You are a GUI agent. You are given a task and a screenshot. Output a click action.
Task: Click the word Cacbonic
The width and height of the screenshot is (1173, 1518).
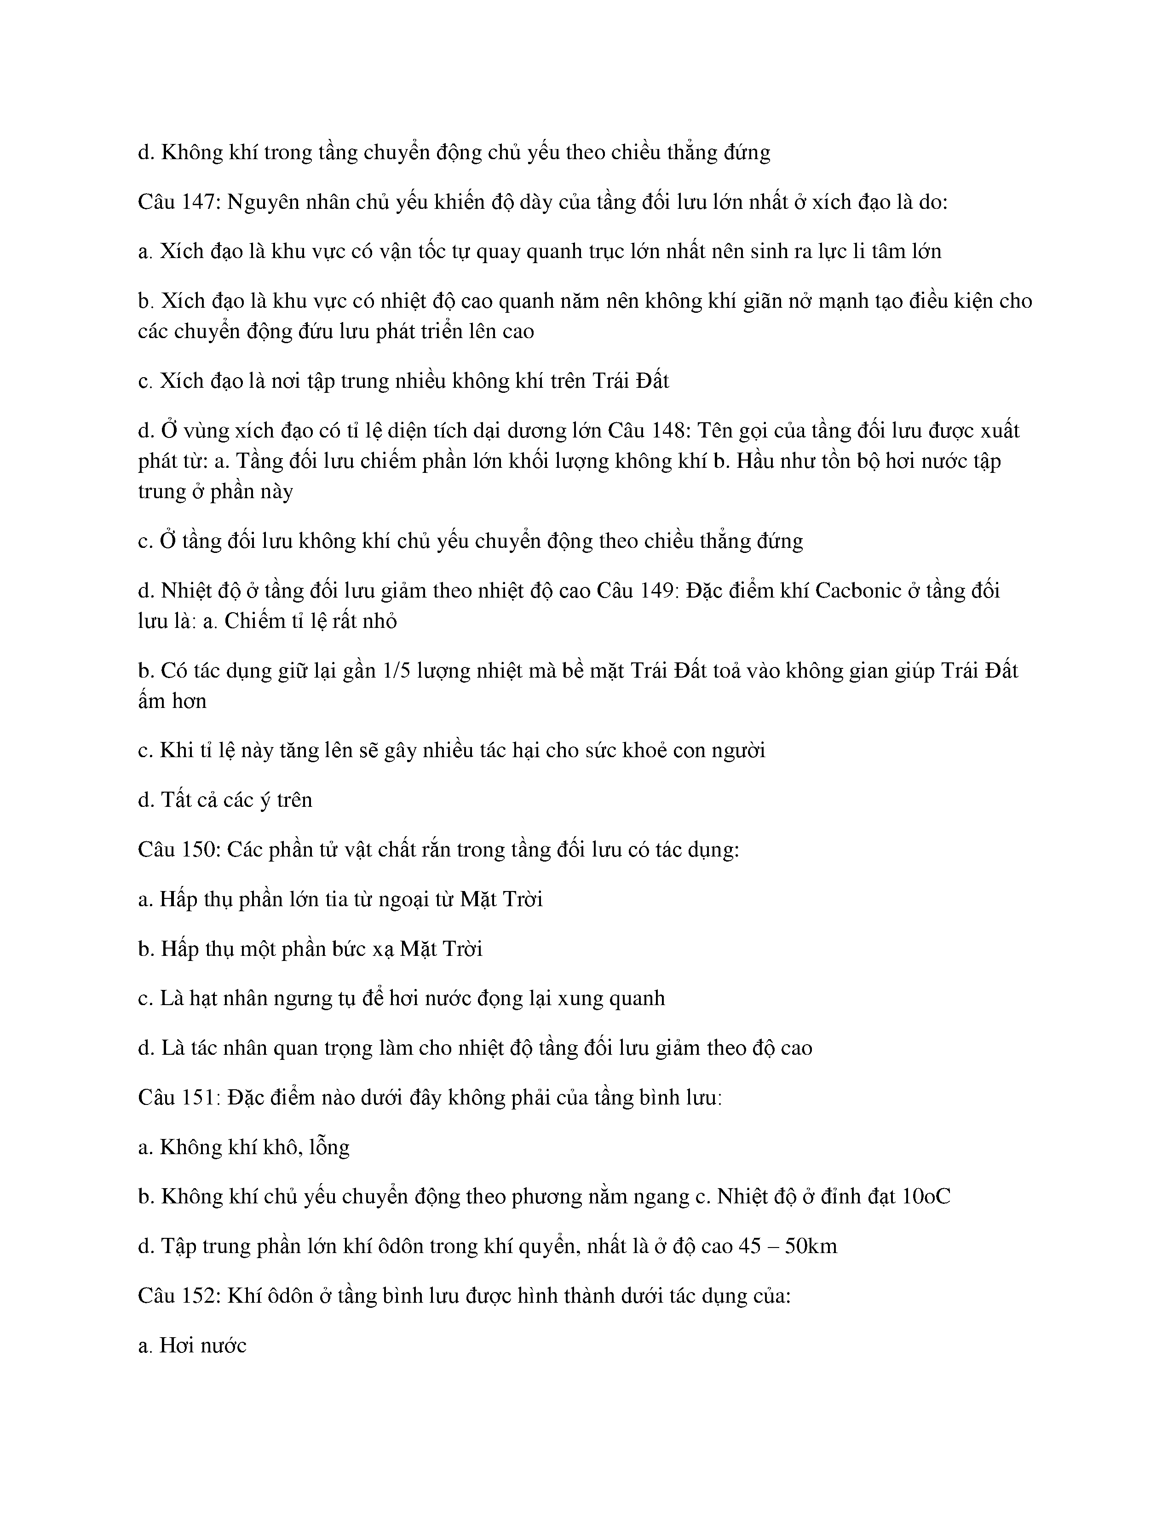(x=858, y=590)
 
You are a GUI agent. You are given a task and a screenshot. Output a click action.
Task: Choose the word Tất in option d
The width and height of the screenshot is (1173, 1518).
(x=177, y=799)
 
